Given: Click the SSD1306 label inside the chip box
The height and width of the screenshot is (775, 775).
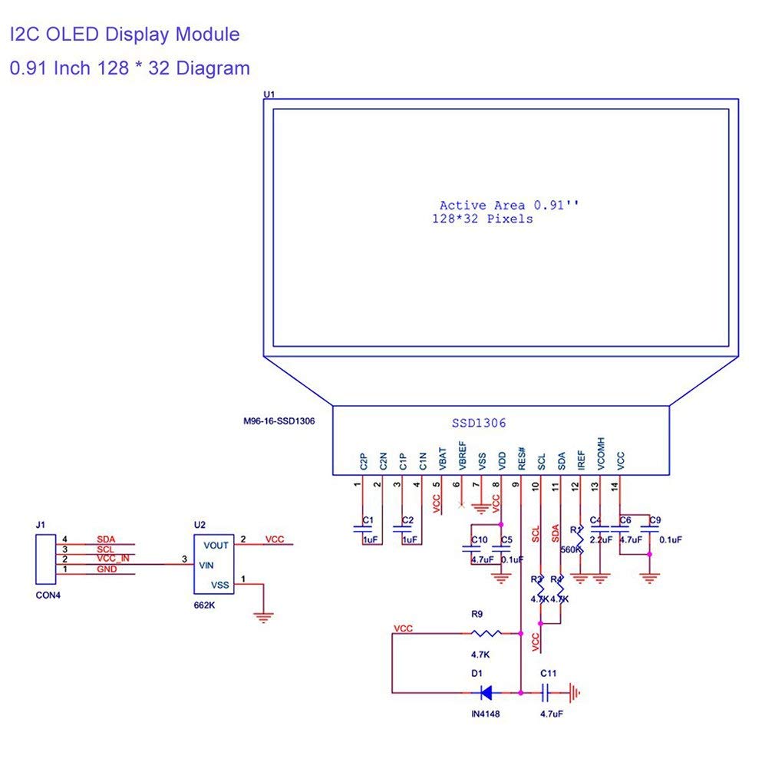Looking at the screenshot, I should click(478, 423).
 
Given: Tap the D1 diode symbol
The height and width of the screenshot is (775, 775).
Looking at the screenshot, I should click(485, 693).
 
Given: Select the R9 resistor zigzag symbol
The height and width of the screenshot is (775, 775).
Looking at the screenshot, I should click(486, 633).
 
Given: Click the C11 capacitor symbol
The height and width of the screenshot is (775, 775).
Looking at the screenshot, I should click(545, 693).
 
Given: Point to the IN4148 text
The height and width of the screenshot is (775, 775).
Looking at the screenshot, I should click(486, 714).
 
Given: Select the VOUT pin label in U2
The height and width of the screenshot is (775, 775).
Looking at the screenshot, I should click(216, 545).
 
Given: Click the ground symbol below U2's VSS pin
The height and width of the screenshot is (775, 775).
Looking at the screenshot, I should click(263, 615).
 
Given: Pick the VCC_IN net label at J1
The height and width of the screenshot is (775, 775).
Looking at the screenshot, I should click(113, 559).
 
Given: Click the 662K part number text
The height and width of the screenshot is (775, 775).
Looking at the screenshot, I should click(205, 605).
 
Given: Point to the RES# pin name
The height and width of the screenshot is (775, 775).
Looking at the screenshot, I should click(522, 458).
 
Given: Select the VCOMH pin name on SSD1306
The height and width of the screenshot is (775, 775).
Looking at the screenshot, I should click(601, 453).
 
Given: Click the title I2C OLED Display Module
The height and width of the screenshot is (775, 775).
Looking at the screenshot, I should click(124, 35).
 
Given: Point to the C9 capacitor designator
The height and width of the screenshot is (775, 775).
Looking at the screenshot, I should click(655, 521).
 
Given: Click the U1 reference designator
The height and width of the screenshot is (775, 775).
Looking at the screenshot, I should click(269, 94).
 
